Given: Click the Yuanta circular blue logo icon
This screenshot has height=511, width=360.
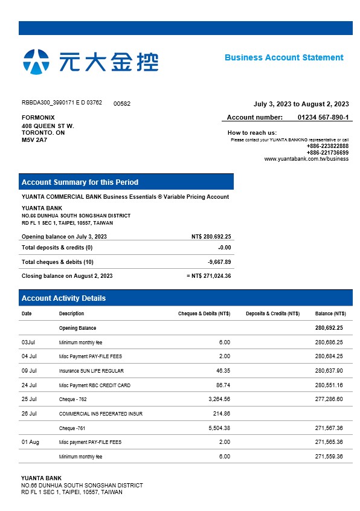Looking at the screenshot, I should [x=36, y=61].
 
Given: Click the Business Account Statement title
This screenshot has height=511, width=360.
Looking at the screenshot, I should [x=284, y=57].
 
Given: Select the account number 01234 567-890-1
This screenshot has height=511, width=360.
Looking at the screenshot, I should [x=323, y=117].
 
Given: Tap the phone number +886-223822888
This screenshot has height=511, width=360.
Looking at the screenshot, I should [x=327, y=146].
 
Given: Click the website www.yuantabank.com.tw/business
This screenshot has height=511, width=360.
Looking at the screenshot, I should [x=306, y=159].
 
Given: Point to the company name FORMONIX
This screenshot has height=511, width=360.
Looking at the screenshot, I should [x=38, y=117].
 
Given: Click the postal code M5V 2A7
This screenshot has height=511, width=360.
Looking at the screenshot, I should [x=34, y=140].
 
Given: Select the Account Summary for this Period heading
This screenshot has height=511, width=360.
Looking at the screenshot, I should [x=80, y=182].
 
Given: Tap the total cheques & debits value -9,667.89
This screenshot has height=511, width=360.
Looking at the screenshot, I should [x=219, y=262].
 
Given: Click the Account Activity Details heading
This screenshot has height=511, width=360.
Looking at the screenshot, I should [x=63, y=298].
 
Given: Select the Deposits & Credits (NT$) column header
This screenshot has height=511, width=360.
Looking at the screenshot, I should [x=272, y=314].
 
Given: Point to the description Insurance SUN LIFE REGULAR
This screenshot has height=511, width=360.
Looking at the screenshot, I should [x=91, y=371].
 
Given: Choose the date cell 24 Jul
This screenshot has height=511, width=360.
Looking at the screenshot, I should [x=29, y=385].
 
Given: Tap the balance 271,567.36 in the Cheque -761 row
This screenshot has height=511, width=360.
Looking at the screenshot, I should [x=329, y=428].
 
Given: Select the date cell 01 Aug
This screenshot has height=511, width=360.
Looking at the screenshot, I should [x=30, y=442].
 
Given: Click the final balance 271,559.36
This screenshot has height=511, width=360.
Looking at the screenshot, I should [x=329, y=457].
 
